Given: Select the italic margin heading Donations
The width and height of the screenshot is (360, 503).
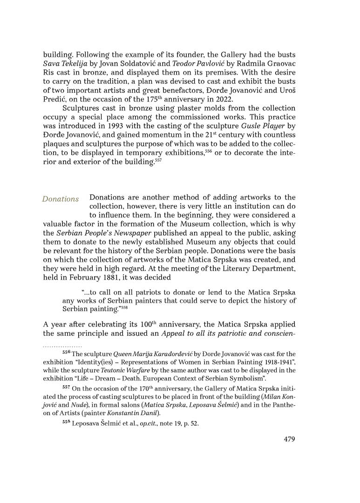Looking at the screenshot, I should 61,199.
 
